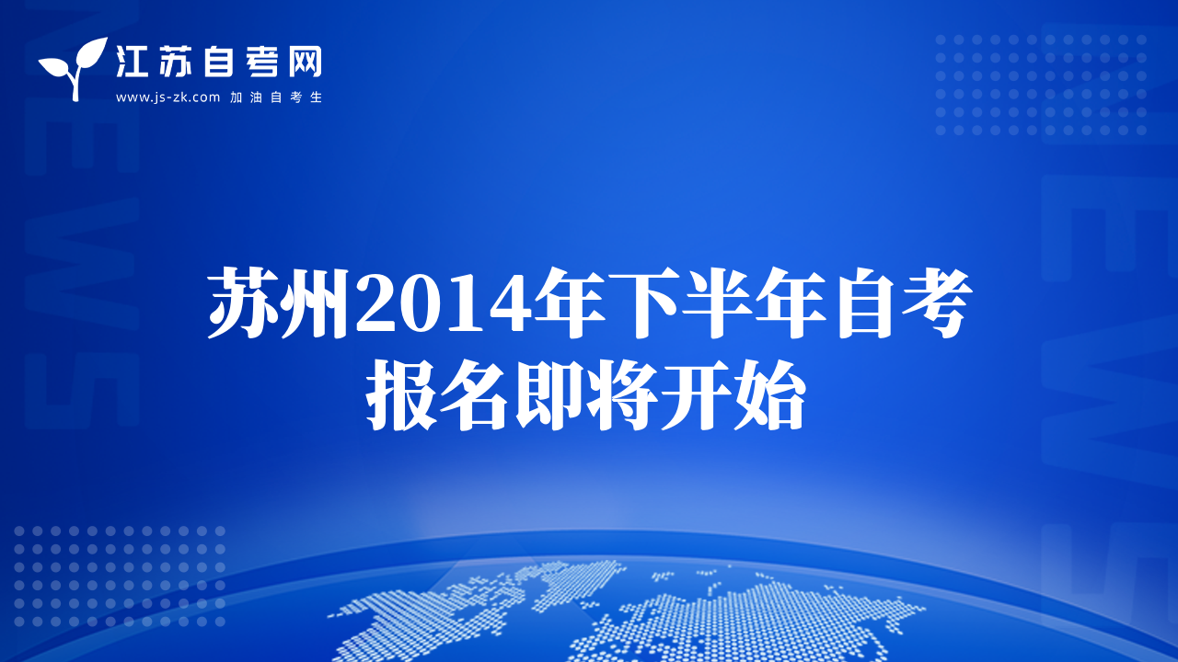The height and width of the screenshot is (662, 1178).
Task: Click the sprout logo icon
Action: click(73, 68)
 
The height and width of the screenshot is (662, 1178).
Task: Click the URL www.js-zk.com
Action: click(167, 97)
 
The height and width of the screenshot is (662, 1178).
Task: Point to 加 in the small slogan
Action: click(236, 97)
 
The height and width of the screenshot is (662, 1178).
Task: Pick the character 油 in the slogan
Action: click(256, 97)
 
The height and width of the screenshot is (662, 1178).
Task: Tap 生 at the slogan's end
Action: click(316, 97)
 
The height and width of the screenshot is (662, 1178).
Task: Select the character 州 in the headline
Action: click(314, 302)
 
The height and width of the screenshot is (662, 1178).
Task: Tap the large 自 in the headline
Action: click(862, 302)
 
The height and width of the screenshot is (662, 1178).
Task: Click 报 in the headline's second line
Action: click(401, 395)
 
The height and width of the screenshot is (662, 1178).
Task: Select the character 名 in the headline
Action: click(474, 395)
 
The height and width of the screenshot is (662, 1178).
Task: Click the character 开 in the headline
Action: click(696, 395)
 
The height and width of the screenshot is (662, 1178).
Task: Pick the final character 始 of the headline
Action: click(769, 395)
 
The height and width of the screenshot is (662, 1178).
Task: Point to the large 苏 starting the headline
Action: click(241, 302)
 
